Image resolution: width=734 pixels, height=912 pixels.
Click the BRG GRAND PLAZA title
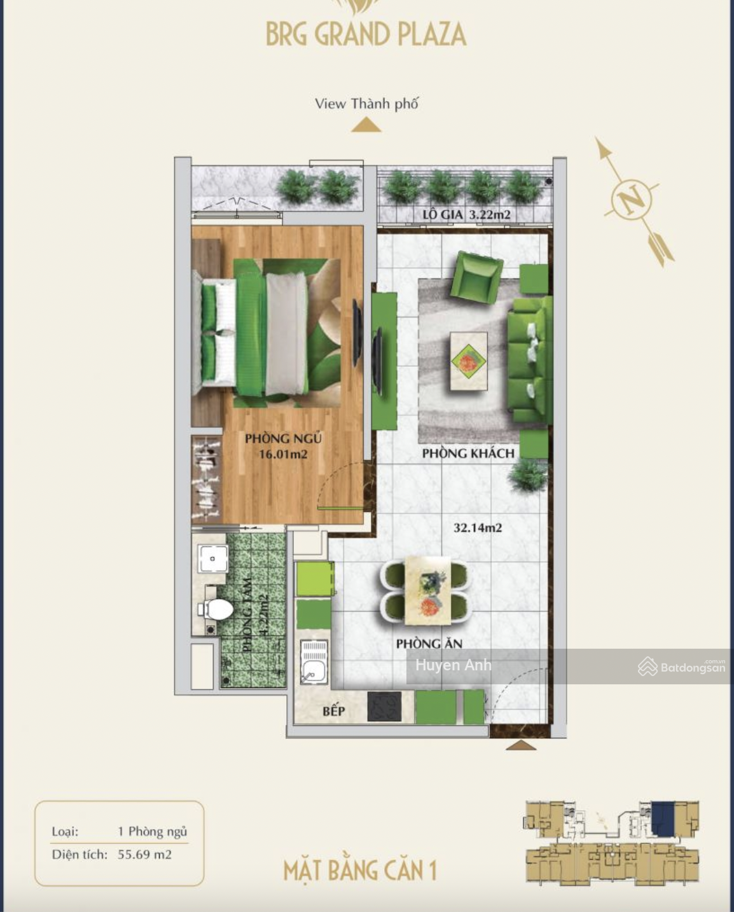coord(366,34)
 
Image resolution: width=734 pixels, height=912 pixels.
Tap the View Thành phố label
coord(366,104)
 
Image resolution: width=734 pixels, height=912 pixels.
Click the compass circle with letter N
coord(632,198)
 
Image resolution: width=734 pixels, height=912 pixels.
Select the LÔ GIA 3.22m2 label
coord(466,214)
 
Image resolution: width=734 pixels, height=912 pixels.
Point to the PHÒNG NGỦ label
coord(283,438)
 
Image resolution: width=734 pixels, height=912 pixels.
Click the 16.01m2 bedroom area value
coord(283,454)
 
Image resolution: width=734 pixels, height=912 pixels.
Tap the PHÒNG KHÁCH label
coord(468,453)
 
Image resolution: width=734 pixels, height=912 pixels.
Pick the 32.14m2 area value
coord(478,527)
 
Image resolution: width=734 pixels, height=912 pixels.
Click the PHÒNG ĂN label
coord(429,644)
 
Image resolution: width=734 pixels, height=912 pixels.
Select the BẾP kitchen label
coord(333,711)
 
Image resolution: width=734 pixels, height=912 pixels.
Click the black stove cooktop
coord(385,706)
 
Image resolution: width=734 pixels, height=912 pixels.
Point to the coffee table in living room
coord(468,361)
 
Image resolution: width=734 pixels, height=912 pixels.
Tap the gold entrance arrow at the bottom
coord(520,745)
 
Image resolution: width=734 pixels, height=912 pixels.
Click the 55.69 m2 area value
coord(144,854)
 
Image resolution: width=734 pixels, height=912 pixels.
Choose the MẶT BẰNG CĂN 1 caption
coord(360,870)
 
